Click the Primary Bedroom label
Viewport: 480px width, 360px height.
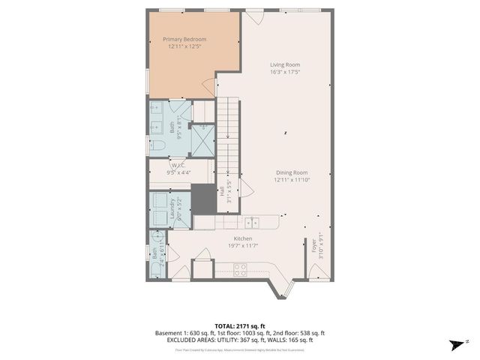point(185,40)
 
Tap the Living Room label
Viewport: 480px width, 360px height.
point(285,64)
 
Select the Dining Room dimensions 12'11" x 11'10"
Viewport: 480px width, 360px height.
point(286,180)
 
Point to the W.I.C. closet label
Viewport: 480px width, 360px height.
point(178,165)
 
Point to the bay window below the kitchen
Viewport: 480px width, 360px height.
point(282,288)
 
